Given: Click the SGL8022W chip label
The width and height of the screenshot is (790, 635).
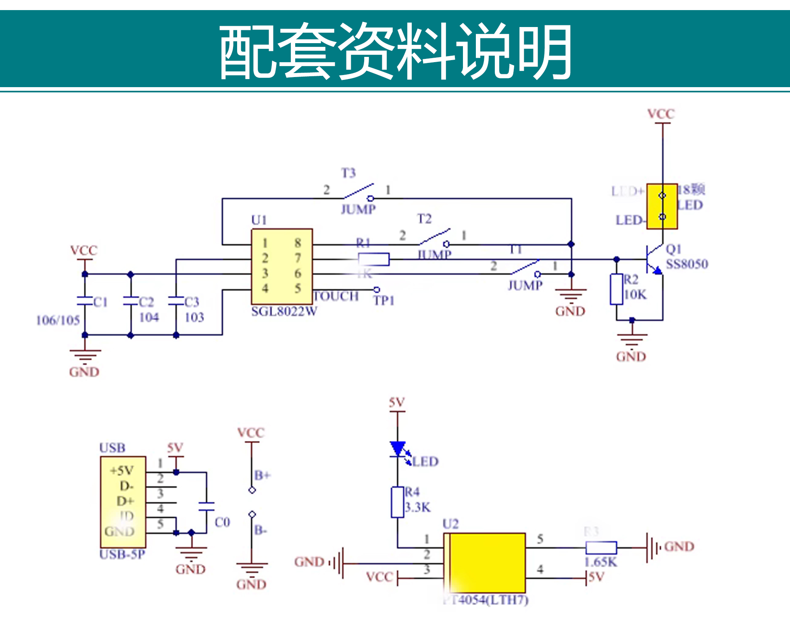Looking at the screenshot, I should (284, 311).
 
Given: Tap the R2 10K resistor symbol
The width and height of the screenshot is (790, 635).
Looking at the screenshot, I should (616, 289).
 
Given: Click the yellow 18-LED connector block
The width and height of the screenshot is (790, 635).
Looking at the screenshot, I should (662, 206).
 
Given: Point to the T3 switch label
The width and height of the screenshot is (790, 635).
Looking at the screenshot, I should (348, 173).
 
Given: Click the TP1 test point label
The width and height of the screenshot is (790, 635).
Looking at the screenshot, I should (384, 301).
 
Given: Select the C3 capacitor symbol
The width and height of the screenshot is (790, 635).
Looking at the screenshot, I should (176, 301).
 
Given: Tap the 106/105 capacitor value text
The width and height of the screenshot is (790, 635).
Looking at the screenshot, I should (58, 320).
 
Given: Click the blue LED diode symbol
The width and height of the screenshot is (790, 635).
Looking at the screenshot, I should (398, 449).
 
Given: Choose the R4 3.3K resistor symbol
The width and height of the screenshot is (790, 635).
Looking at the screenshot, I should (398, 502).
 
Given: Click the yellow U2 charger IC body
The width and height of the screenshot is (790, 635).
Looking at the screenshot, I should (486, 563).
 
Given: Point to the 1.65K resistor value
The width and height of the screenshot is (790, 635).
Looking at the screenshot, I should (600, 562).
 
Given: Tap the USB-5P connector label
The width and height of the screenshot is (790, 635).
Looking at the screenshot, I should (122, 554).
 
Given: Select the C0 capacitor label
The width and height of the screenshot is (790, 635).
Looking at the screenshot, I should (222, 522).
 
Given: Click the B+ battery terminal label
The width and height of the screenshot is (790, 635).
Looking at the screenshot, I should (262, 475).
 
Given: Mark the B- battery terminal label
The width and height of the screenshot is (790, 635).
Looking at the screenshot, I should (261, 530).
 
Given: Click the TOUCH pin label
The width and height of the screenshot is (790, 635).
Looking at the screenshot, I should (336, 297).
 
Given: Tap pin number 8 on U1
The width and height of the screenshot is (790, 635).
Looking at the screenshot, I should (298, 243).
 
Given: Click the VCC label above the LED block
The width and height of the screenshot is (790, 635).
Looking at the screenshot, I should (661, 114).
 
